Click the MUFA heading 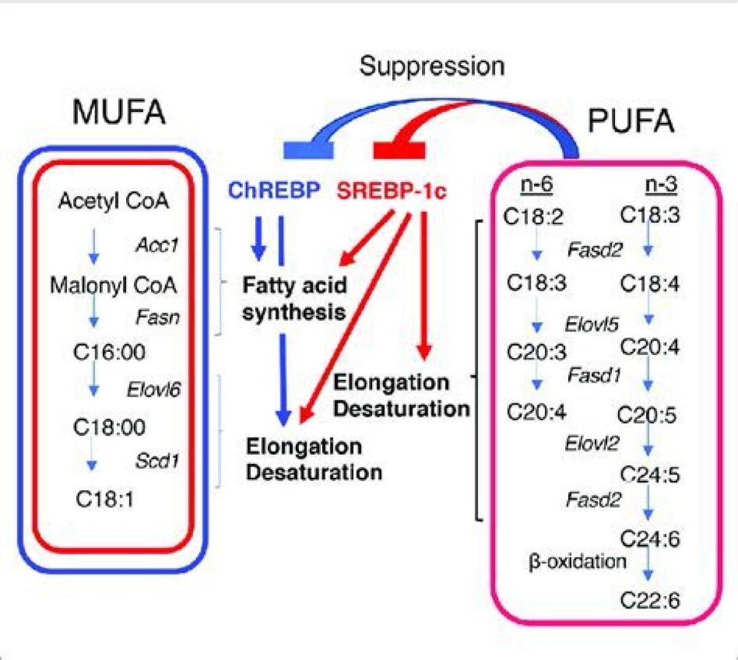click(x=119, y=113)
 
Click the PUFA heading click(x=631, y=121)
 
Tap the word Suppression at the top click(x=432, y=66)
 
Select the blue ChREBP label click(x=274, y=191)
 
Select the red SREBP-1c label click(x=391, y=191)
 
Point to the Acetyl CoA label click(x=113, y=201)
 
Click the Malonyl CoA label click(x=113, y=285)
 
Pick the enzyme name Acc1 click(x=157, y=245)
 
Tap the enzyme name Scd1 click(x=157, y=461)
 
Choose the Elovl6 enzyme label click(x=154, y=390)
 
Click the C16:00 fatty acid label click(x=109, y=352)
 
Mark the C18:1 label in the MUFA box click(x=105, y=499)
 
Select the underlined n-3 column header click(x=661, y=185)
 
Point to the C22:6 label click(x=650, y=600)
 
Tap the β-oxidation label click(x=577, y=561)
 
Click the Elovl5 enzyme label click(x=592, y=324)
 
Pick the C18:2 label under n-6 click(x=533, y=217)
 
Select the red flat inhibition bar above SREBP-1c click(x=400, y=149)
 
